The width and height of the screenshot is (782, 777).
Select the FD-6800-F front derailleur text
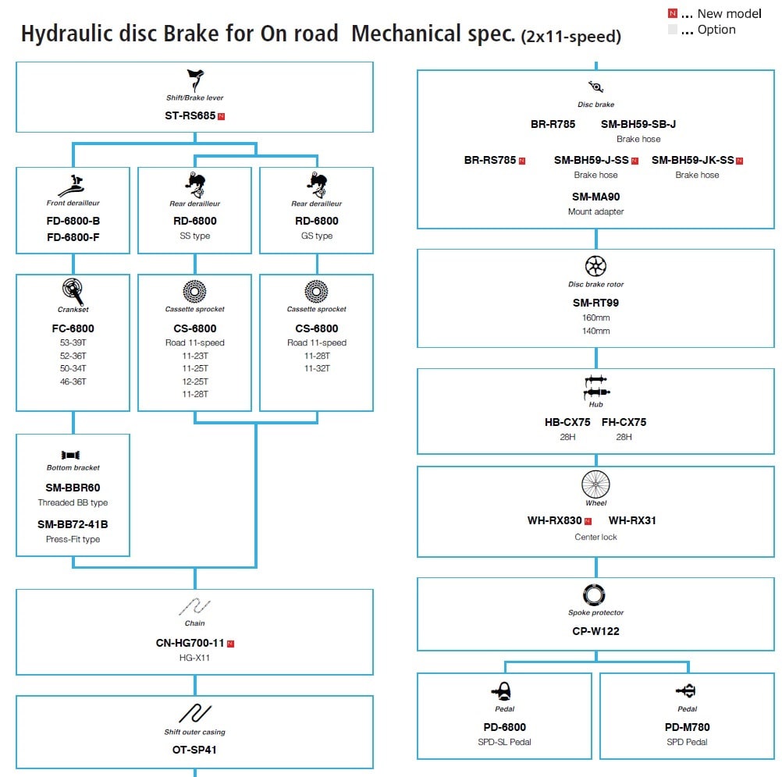click(x=73, y=237)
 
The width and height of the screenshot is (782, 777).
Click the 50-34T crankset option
click(x=73, y=368)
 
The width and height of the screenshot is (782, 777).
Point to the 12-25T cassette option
click(x=194, y=381)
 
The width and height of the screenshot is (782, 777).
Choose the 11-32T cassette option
click(x=316, y=368)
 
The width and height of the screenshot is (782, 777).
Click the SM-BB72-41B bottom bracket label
click(x=73, y=524)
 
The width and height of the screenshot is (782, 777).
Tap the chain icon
click(x=194, y=606)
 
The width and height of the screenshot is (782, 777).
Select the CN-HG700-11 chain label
click(x=190, y=643)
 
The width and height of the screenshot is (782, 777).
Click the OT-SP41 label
click(x=194, y=750)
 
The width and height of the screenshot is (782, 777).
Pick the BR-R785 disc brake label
click(x=553, y=124)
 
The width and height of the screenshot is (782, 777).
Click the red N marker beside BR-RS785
click(x=522, y=161)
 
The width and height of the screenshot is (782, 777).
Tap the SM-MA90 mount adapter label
click(x=595, y=197)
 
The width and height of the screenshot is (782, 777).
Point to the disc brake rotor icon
click(x=595, y=267)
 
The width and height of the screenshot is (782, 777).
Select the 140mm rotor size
click(x=595, y=331)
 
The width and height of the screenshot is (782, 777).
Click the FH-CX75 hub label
click(x=624, y=422)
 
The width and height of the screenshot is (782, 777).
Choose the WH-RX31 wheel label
click(x=632, y=520)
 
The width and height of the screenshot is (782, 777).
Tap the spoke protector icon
click(x=595, y=595)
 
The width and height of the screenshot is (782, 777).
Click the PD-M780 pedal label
click(x=687, y=727)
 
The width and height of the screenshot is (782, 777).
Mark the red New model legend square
click(x=672, y=14)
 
